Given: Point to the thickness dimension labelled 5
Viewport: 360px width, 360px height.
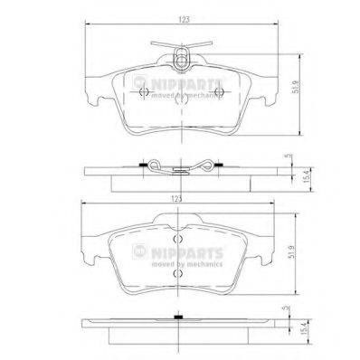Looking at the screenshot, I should tap(288, 156).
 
